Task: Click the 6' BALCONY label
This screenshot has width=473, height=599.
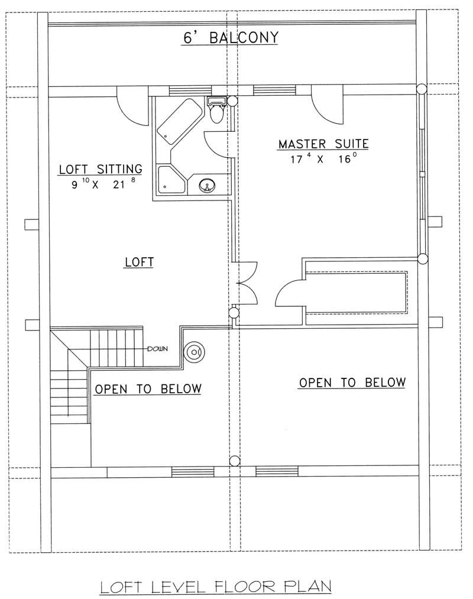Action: [x=229, y=38]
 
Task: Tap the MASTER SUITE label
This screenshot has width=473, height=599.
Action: [x=323, y=144]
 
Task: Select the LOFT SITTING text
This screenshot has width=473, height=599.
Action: [x=100, y=169]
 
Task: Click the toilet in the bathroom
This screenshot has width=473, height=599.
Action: [x=216, y=111]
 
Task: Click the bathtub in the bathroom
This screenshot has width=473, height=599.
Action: [x=179, y=121]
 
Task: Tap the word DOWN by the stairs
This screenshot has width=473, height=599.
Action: [x=157, y=348]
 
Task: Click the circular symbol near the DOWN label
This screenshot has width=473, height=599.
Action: [x=193, y=352]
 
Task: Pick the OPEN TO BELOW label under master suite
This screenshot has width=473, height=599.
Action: [x=352, y=383]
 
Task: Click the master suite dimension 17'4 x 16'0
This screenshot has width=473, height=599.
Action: [x=324, y=158]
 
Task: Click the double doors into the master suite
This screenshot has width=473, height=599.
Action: [x=245, y=284]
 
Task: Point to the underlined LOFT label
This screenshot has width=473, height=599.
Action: [x=140, y=261]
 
